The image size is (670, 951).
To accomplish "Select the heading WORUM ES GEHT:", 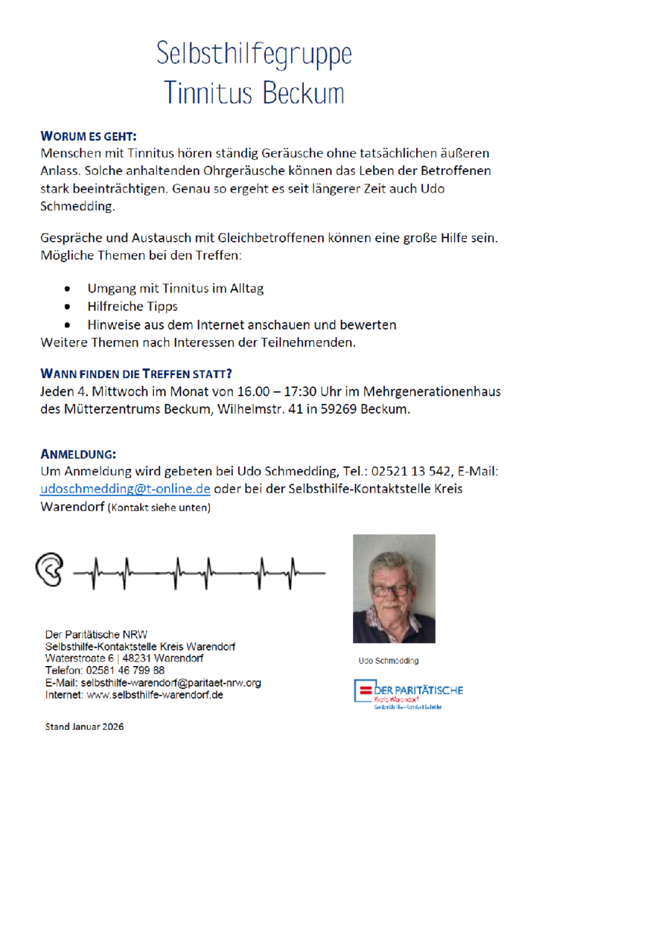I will tap(89, 137).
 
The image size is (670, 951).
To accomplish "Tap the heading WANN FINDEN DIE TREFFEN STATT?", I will tap(141, 373).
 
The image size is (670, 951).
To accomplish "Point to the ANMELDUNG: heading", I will tap(78, 454).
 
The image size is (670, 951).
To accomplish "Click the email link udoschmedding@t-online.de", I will tap(125, 489).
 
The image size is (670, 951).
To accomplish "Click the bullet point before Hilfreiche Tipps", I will tap(68, 306).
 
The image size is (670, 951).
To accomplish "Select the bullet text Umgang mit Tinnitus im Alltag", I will tap(175, 288).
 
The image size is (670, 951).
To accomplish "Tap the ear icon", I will tap(50, 571).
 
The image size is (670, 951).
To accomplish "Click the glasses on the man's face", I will tap(390, 590).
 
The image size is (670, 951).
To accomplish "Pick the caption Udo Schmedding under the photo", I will tap(389, 661).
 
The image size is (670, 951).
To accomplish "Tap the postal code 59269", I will tap(337, 410).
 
